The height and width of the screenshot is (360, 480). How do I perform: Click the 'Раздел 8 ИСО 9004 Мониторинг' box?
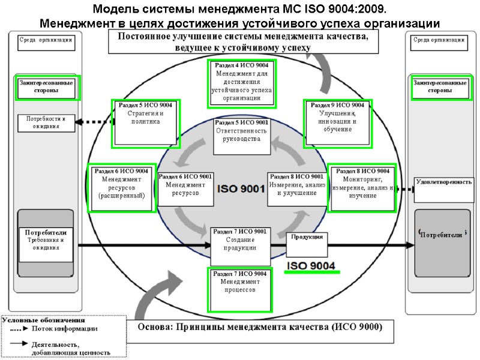362,188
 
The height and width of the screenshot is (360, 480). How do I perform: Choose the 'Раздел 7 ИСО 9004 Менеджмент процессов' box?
240,290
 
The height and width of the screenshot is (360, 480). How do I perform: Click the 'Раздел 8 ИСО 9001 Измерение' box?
297,188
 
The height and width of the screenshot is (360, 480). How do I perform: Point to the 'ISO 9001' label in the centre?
240,189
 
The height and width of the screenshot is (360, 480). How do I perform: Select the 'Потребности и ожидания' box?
46,123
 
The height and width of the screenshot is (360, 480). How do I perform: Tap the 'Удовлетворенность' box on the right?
443,181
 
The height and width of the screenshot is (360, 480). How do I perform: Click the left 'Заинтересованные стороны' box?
46,86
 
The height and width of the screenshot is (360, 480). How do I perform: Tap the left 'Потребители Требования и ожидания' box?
46,239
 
